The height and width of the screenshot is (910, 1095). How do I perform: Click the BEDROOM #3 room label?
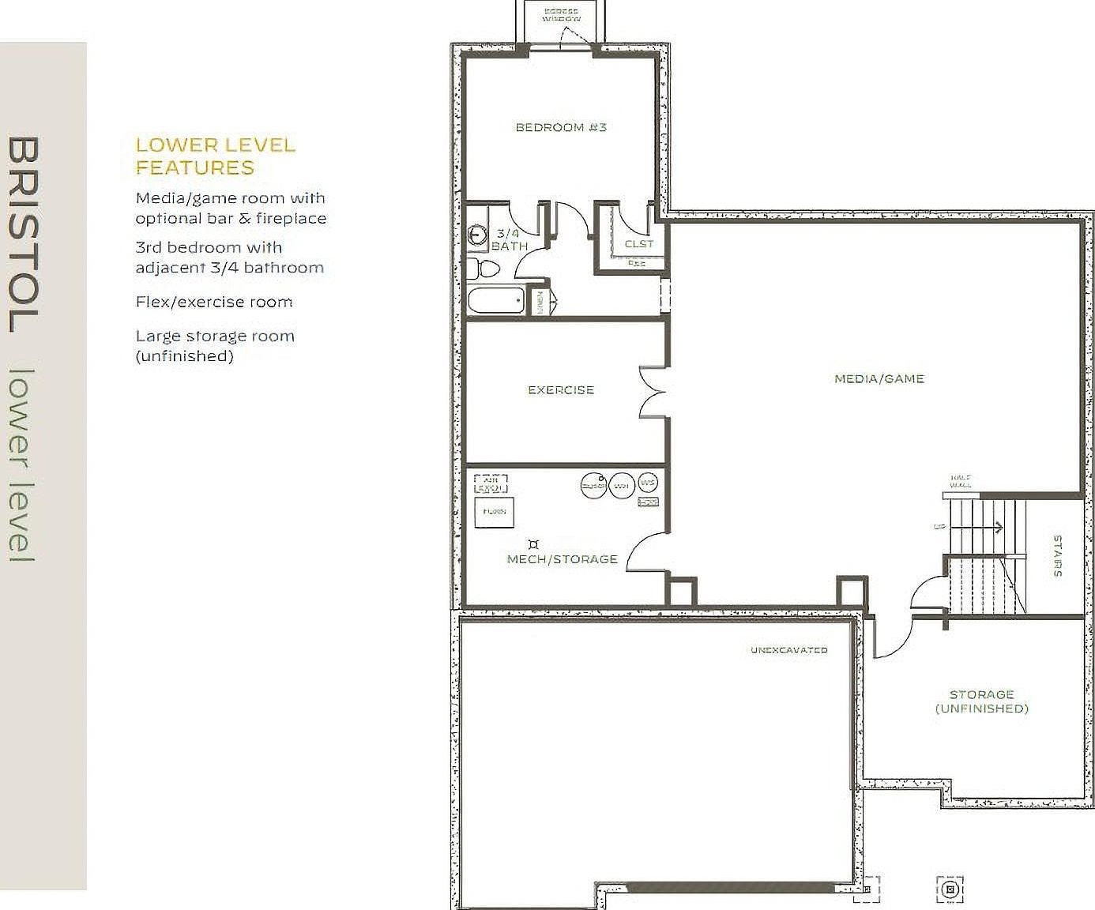(561, 127)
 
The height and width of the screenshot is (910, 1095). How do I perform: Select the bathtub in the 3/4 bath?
(496, 301)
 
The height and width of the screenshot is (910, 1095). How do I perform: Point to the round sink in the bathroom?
(476, 235)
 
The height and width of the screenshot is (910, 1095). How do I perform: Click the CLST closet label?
(639, 244)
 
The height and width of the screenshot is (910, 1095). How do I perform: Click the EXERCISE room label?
(561, 389)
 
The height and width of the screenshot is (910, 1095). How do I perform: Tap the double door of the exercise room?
(653, 391)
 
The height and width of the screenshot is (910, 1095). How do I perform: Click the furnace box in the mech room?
(495, 511)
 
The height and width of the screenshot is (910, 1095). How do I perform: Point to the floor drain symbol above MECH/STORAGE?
(534, 543)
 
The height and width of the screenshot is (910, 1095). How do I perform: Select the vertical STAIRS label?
(1057, 556)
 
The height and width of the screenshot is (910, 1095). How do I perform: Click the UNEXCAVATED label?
(788, 650)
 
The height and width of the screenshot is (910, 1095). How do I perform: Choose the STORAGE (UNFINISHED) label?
(981, 701)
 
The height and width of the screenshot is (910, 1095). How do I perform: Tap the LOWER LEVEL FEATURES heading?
(216, 156)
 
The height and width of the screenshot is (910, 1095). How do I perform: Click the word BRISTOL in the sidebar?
(24, 235)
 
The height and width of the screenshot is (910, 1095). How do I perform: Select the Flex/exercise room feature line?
(214, 302)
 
